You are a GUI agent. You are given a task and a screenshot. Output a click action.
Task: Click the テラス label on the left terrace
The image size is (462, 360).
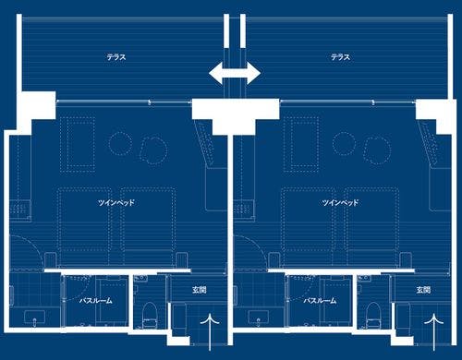(x=116, y=57)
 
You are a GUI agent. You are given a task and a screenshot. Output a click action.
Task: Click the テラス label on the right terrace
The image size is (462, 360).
(x=340, y=57)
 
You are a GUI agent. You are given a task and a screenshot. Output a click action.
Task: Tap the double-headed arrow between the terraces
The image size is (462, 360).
(x=235, y=73)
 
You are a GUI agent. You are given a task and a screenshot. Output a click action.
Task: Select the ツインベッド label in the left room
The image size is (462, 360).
(x=116, y=202)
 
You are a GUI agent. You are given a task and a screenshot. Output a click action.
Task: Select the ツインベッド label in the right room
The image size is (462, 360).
(x=340, y=202)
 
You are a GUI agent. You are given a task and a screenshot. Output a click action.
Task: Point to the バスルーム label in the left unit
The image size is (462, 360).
(x=96, y=300)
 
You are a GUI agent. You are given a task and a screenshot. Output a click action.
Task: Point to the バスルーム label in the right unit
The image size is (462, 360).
(x=320, y=300)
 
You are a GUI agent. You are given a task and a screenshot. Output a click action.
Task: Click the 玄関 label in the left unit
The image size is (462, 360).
(x=200, y=290)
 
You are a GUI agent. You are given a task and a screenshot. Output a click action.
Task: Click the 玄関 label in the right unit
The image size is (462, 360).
(x=423, y=290)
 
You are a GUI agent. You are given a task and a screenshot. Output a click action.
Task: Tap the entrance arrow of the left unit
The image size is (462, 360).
(x=210, y=331)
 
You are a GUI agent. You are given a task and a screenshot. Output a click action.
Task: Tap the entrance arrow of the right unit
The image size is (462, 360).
(x=434, y=331)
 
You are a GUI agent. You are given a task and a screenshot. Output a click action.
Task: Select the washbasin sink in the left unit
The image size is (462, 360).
(x=34, y=317)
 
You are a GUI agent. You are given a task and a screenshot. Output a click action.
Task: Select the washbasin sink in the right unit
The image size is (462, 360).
(x=259, y=317)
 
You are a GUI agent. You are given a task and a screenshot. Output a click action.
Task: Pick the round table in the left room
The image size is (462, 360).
(x=120, y=143)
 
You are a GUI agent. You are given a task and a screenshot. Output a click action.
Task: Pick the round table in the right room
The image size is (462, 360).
(x=345, y=143)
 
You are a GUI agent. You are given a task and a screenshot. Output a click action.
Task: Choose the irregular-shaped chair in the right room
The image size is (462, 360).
(x=377, y=150)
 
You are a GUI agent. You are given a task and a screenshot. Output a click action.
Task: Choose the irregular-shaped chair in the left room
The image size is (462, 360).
(x=153, y=150)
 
